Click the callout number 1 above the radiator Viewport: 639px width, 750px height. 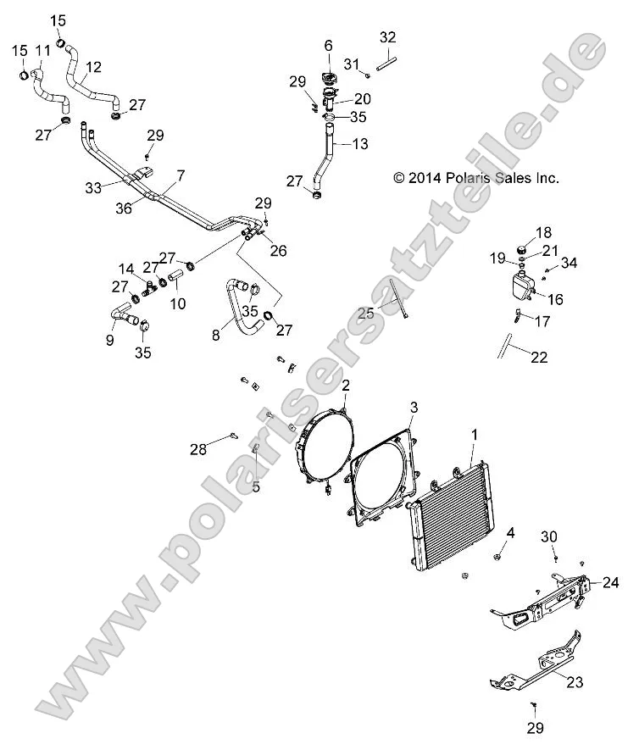474,434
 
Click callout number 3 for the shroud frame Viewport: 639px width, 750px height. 414,408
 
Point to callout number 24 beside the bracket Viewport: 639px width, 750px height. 610,582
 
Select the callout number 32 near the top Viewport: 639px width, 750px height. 387,37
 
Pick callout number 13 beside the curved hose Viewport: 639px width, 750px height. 360,144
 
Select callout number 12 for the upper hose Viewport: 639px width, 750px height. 93,66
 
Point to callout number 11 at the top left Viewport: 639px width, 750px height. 42,51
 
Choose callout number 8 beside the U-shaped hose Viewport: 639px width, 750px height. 214,335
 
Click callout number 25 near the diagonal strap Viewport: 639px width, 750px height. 365,314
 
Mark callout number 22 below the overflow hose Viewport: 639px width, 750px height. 540,358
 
